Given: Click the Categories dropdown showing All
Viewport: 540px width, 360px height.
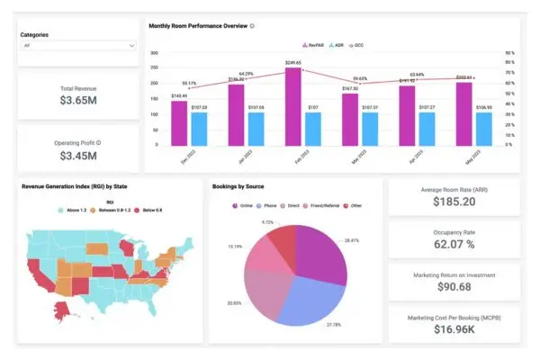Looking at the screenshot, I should click(x=78, y=44).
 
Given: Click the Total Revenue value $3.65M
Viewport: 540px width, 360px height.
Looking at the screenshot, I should click(x=79, y=101).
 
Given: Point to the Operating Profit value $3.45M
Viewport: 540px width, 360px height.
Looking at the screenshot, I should click(x=79, y=156).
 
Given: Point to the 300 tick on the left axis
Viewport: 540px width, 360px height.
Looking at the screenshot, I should click(x=154, y=53).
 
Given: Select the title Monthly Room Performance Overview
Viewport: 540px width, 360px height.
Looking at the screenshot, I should click(x=198, y=25).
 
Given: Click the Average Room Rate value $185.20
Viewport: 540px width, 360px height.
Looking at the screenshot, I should click(x=454, y=201).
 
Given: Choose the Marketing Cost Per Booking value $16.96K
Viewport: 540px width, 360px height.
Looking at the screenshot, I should click(x=454, y=329).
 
